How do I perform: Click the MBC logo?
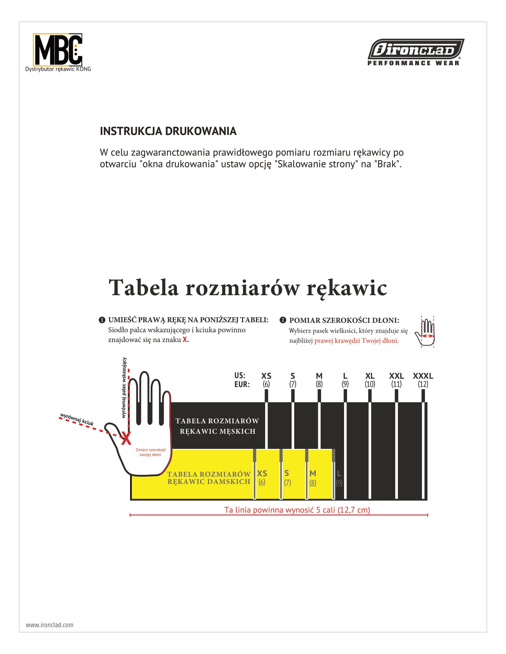57,50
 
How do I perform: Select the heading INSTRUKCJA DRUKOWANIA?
168,131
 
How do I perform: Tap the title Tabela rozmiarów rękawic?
248,288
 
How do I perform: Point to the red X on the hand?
126,439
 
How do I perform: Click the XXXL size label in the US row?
423,376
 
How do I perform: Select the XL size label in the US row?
370,376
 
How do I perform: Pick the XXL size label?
396,376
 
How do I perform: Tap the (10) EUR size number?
370,384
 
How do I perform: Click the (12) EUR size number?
423,384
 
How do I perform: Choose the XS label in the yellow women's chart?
262,474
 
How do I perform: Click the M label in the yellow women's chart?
313,474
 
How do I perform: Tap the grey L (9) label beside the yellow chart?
339,478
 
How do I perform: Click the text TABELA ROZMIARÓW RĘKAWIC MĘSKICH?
217,426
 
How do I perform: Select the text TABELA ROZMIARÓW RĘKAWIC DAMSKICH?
209,478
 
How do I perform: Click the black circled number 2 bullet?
282,320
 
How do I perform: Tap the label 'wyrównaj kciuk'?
77,419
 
